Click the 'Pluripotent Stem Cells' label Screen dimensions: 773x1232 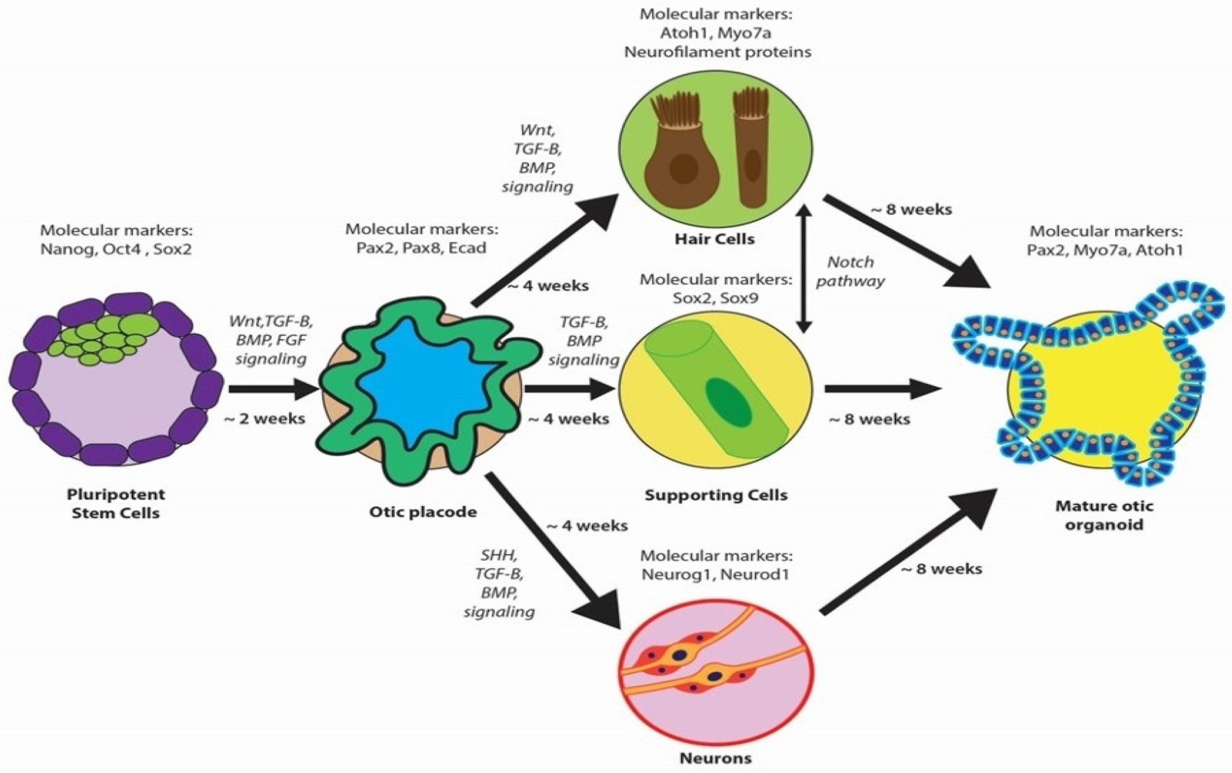point(116,503)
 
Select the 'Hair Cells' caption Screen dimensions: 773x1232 point(714,239)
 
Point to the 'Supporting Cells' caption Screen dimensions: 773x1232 point(716,495)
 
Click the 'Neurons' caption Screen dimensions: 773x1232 point(716,758)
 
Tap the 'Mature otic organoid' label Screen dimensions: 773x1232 point(1104,515)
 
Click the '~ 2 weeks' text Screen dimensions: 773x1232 point(265,419)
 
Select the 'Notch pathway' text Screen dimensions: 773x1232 point(850,271)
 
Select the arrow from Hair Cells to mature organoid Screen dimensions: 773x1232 point(905,240)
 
